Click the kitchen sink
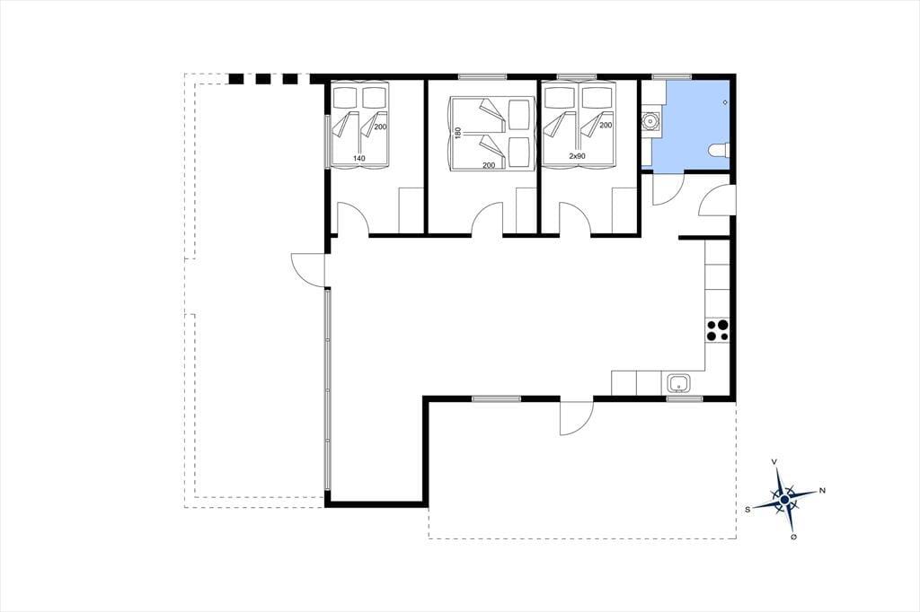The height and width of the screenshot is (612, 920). [679, 384]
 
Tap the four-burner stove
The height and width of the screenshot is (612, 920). [717, 330]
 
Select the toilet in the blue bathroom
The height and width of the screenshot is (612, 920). [718, 152]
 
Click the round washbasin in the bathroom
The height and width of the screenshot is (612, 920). [650, 122]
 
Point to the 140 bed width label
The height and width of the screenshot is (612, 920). [359, 158]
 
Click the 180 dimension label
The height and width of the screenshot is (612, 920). [458, 134]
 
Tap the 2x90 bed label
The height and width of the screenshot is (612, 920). [578, 156]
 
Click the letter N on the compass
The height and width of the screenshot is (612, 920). [822, 491]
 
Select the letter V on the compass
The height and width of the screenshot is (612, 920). [774, 462]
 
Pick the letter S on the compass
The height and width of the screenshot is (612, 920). [747, 510]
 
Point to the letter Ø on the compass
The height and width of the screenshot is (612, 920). [793, 537]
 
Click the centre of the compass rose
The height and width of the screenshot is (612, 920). [784, 500]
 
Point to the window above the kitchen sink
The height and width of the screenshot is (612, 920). [684, 398]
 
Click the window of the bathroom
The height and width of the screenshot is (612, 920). [672, 76]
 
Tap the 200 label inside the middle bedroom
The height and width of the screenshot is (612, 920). [489, 165]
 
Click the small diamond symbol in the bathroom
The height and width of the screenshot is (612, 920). [726, 102]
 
